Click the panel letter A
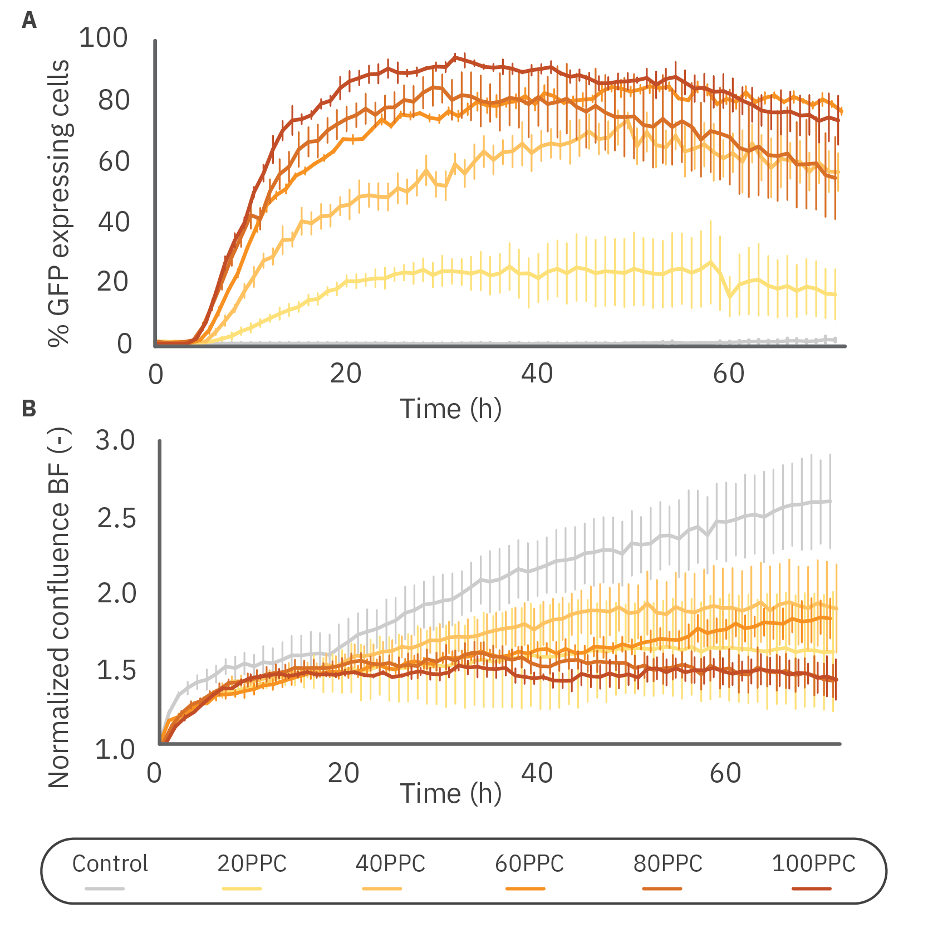[x=29, y=21]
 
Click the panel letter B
[x=29, y=409]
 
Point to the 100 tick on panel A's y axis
[x=104, y=38]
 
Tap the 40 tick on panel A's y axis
[x=114, y=222]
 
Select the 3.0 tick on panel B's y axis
[x=115, y=440]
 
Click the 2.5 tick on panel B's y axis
[x=116, y=518]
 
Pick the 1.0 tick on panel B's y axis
[x=115, y=749]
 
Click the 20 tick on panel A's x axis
[x=345, y=374]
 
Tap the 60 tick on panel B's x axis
[x=725, y=773]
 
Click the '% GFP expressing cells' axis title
[x=59, y=203]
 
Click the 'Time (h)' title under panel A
[x=451, y=409]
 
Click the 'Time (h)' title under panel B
[x=451, y=793]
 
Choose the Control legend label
[x=110, y=864]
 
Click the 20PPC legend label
[x=252, y=864]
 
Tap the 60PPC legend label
[x=529, y=864]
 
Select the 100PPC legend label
[x=813, y=864]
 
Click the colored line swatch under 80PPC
[x=662, y=888]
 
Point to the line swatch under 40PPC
[x=382, y=888]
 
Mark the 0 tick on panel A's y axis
[x=125, y=343]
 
